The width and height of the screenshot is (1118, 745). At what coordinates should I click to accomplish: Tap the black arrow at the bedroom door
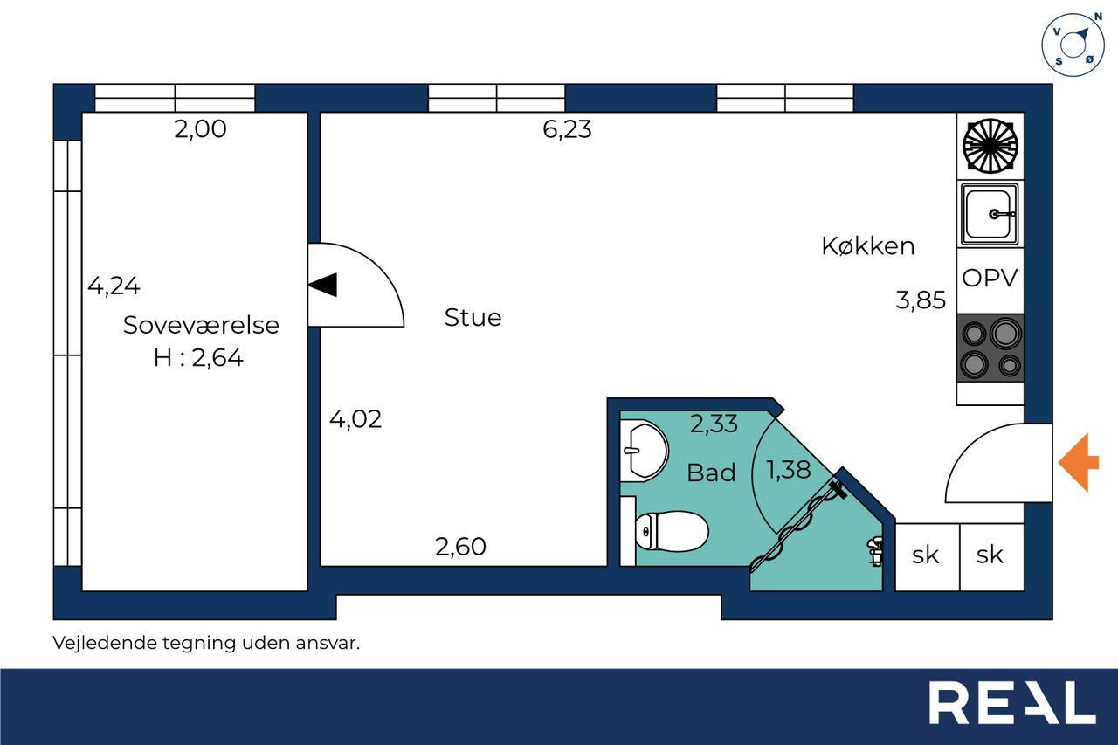(322, 285)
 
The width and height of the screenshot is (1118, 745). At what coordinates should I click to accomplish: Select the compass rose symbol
(1072, 45)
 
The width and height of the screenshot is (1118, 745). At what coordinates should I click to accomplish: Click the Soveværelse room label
(201, 325)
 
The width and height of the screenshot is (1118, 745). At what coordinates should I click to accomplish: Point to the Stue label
(473, 317)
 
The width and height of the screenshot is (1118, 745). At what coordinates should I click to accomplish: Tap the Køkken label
(868, 246)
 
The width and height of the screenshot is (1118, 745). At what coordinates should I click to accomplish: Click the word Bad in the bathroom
(711, 473)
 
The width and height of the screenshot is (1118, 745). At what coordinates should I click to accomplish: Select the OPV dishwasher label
(990, 278)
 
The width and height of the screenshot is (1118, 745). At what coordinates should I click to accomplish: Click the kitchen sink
(990, 214)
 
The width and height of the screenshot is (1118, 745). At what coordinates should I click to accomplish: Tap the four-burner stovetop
(990, 348)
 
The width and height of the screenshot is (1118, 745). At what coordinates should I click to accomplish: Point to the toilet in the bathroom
(672, 531)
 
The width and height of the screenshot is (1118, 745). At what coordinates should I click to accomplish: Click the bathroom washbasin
(644, 451)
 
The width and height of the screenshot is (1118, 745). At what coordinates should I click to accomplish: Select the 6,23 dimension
(567, 129)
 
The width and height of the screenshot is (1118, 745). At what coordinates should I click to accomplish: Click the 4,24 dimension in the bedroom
(114, 286)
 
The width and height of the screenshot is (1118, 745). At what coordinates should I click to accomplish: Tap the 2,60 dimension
(460, 547)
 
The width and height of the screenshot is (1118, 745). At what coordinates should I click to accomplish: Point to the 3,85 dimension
(921, 300)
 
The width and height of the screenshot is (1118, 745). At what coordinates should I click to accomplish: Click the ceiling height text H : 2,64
(198, 358)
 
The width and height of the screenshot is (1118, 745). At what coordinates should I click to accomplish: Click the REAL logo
(1011, 702)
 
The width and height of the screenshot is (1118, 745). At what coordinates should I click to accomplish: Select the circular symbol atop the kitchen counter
(990, 146)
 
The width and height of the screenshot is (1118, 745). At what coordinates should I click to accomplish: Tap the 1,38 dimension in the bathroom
(789, 470)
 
